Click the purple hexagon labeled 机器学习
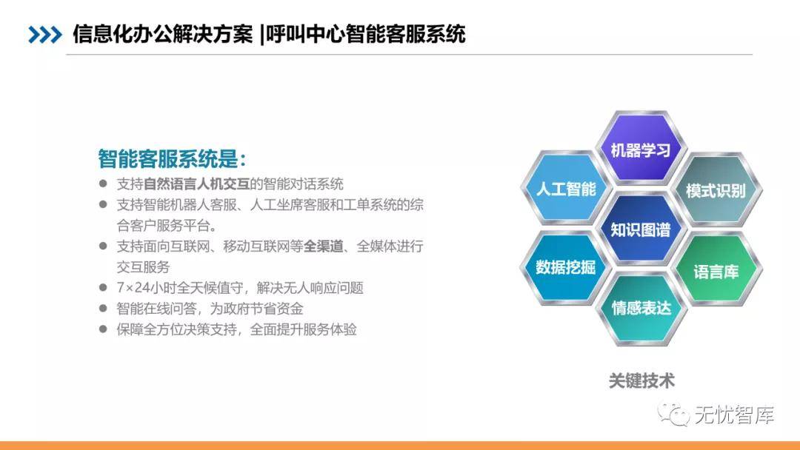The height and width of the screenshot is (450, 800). (x=641, y=149)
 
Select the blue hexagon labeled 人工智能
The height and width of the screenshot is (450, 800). (x=565, y=189)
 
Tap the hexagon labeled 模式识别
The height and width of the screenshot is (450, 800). (x=716, y=190)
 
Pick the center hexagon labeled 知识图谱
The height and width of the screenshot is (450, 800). (x=641, y=229)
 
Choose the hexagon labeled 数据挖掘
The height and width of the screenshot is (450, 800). (x=565, y=267)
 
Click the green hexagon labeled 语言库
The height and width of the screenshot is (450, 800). (x=716, y=271)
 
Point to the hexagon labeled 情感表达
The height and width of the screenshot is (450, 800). (x=641, y=309)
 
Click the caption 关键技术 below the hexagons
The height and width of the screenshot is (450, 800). (x=641, y=380)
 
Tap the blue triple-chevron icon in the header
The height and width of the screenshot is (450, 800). (x=45, y=35)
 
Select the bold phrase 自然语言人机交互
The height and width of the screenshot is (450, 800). (x=196, y=184)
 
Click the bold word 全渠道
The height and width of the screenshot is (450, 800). (x=324, y=246)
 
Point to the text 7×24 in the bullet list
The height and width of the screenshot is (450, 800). (x=133, y=288)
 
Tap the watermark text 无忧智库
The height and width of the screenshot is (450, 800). (x=734, y=414)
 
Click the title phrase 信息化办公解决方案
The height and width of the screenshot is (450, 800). (x=162, y=35)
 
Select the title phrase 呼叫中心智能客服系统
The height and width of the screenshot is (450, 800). (x=365, y=35)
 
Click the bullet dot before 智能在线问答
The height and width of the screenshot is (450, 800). (x=103, y=309)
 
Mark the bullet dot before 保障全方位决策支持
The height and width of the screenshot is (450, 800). (x=103, y=329)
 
